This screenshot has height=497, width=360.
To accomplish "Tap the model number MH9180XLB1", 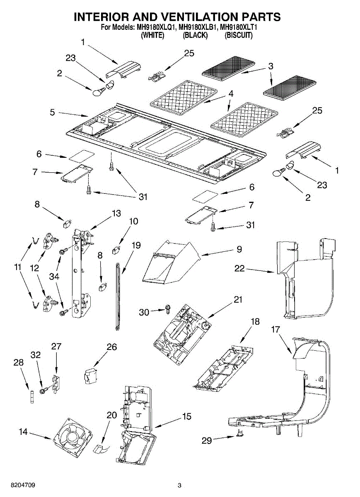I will [197, 28].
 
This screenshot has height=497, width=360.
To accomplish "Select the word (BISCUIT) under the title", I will [238, 35].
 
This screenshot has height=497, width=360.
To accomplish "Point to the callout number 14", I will [24, 432].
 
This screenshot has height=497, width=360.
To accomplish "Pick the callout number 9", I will [239, 249].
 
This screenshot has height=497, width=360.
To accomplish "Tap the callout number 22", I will [240, 269].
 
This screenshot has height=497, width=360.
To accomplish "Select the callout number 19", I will [136, 245].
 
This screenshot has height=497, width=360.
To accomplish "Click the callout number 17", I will [275, 330].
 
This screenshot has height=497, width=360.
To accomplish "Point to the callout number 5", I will [52, 112].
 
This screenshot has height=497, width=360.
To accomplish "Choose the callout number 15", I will [187, 416].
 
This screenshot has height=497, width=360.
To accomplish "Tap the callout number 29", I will [206, 441].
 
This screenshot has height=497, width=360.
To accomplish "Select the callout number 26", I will [112, 347].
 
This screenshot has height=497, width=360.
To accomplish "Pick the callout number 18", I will [255, 322].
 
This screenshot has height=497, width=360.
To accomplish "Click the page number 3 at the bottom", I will [179, 485].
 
